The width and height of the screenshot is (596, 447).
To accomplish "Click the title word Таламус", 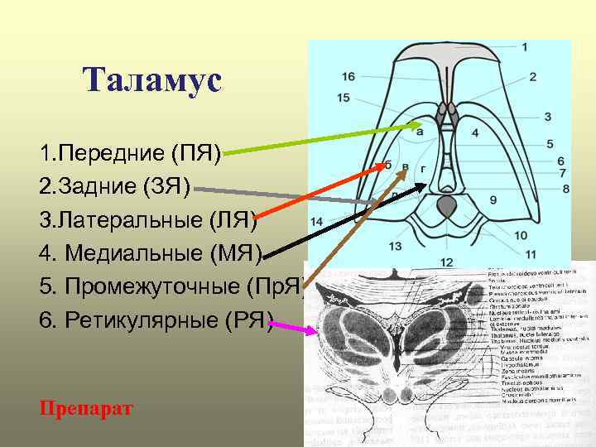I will (x=152, y=80).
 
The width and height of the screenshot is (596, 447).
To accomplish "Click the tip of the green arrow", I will (x=421, y=126).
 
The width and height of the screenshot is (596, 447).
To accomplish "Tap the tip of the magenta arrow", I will (x=315, y=331).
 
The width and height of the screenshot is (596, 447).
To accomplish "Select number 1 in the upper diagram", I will (x=525, y=47).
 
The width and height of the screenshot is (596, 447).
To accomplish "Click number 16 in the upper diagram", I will (x=348, y=77).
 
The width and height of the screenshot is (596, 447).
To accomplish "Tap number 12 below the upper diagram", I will (x=446, y=262).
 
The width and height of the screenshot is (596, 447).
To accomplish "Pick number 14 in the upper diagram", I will (x=316, y=222).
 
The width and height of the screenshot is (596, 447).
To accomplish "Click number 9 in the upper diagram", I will (x=493, y=199).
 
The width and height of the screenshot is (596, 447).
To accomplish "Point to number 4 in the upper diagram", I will (x=475, y=132).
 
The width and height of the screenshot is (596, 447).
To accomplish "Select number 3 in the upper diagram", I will (x=547, y=117).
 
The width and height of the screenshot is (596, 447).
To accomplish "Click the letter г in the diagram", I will (x=424, y=169).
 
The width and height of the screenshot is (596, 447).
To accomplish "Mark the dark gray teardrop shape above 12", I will (x=446, y=207).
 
